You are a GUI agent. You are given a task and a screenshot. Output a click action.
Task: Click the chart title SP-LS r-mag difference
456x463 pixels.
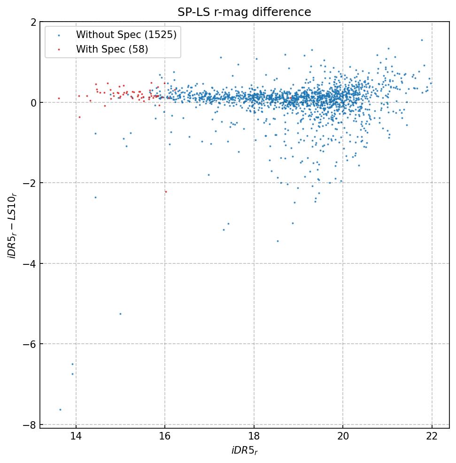pos(244,13)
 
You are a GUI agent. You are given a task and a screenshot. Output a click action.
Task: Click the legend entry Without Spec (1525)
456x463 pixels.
pos(126,35)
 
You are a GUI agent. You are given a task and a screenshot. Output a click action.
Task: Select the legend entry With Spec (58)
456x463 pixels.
pos(112,49)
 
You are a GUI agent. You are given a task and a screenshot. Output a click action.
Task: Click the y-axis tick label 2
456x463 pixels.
pos(34,22)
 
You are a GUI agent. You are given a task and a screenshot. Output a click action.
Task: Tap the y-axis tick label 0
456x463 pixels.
pos(34,102)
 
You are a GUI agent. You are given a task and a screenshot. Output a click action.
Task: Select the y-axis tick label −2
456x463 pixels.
pos(31,183)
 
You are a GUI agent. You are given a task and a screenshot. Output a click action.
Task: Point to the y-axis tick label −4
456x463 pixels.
pos(31,263)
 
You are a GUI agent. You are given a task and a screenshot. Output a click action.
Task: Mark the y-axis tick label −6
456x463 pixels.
pos(31,344)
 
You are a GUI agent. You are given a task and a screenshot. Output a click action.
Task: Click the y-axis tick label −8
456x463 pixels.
pos(31,424)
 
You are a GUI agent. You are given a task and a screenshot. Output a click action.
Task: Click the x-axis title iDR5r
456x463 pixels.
pos(244,451)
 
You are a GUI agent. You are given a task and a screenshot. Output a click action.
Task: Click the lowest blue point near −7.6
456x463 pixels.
pos(60,409)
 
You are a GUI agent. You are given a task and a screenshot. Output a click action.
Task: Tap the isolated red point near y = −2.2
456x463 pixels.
pos(165,192)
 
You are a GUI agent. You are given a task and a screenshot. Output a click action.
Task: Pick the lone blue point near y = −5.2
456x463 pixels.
pos(120,314)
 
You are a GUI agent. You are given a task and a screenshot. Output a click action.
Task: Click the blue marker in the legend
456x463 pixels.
pos(59,35)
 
